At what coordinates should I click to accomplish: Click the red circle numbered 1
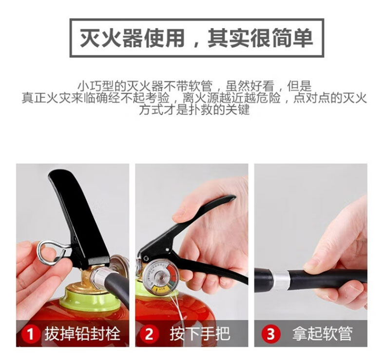pos(31,334)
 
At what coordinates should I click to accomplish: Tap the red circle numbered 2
pos(149,334)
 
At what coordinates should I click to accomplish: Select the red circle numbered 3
pos(271,334)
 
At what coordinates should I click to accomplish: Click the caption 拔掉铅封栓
pos(82,334)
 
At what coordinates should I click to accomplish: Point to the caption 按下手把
pos(200,334)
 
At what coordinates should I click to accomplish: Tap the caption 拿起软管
pos(323,334)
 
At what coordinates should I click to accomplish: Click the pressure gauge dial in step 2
pos(161,277)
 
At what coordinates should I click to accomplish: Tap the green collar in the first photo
pos(90,300)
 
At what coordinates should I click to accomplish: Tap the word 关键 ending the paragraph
pos(237,110)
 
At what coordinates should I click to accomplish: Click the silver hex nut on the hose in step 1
pos(98,277)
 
